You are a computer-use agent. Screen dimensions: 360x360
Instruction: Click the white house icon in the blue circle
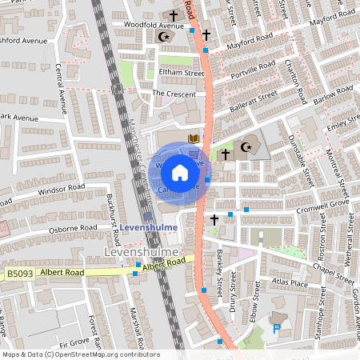tap(179, 172)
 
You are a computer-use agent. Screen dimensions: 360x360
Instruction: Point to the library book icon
tap(193, 139)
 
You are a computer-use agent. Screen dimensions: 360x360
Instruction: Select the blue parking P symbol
tap(278, 328)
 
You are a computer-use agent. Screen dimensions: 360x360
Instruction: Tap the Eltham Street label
tap(181, 73)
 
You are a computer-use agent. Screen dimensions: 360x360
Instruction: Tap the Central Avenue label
tap(62, 93)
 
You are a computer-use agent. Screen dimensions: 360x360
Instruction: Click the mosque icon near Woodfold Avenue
tap(166, 37)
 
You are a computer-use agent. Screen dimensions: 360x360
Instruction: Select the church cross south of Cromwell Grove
tap(214, 218)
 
